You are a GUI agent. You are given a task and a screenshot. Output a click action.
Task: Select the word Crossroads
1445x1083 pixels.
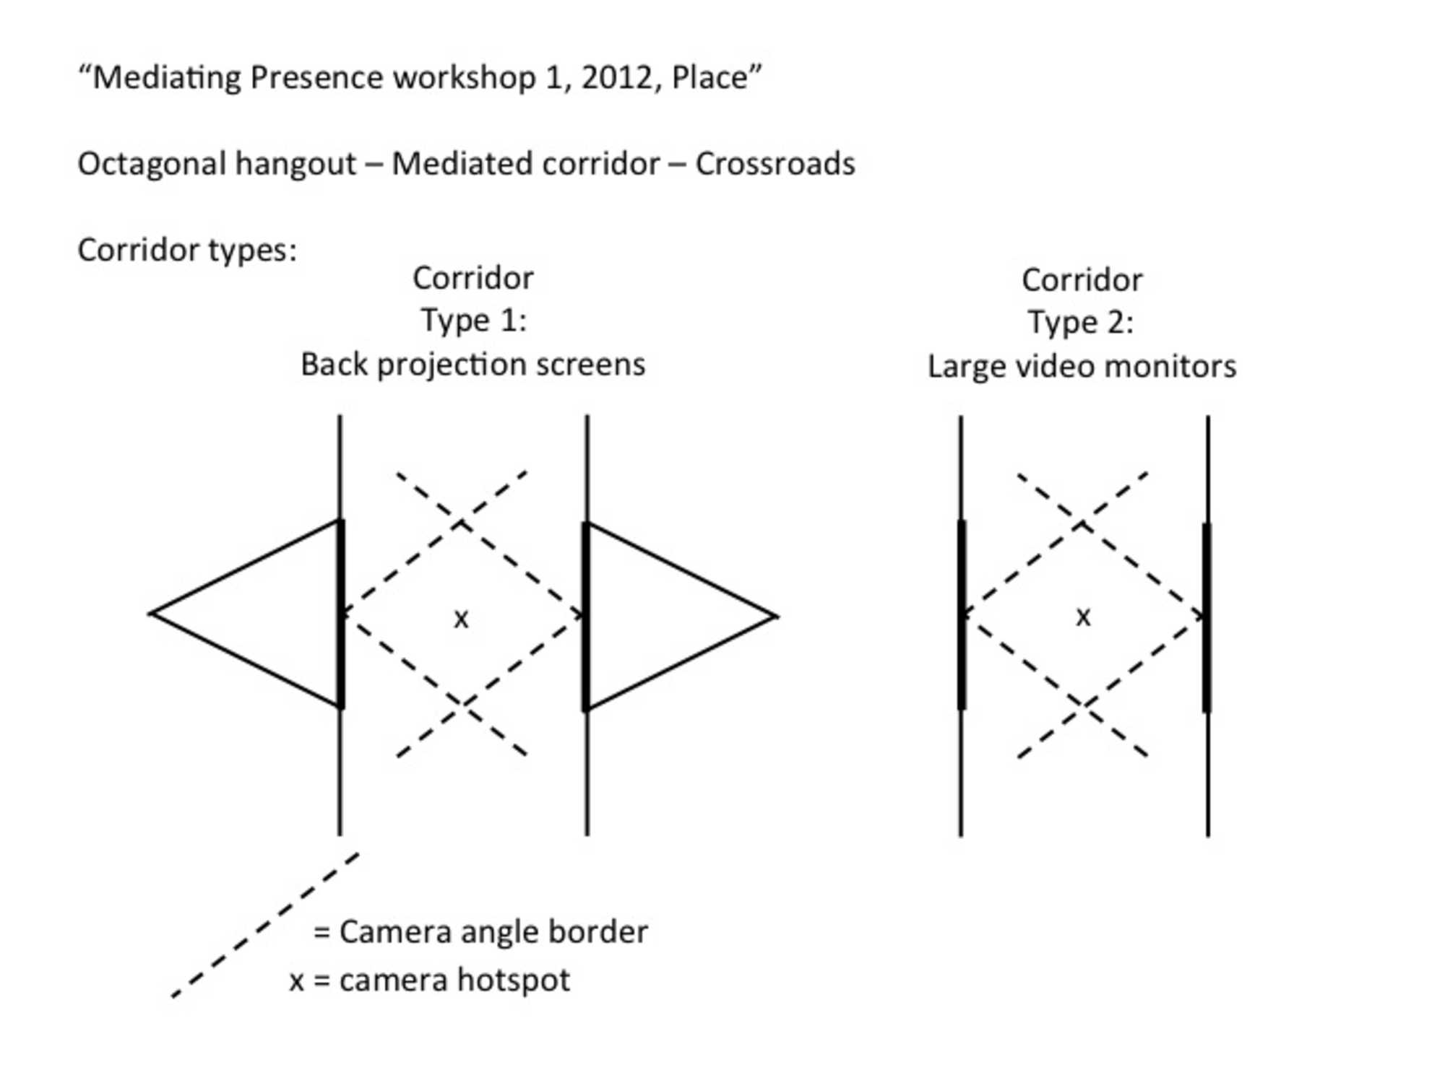pyautogui.click(x=775, y=164)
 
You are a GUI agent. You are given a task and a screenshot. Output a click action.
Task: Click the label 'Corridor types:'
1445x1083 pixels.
pyautogui.click(x=187, y=250)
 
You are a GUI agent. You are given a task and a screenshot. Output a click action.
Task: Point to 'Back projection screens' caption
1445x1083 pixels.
pyautogui.click(x=473, y=365)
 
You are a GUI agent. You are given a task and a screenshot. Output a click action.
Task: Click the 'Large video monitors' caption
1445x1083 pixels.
pyautogui.click(x=1082, y=367)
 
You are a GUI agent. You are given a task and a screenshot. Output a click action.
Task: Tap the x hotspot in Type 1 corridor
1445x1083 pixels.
pyautogui.click(x=461, y=619)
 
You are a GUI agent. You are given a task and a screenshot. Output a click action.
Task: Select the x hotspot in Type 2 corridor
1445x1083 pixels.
pyautogui.click(x=1082, y=617)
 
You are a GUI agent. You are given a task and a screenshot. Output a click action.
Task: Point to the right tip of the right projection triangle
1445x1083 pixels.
pyautogui.click(x=776, y=617)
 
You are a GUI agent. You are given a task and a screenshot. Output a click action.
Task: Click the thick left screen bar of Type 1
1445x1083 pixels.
pyautogui.click(x=341, y=614)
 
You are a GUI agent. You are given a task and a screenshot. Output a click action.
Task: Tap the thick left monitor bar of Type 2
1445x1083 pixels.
pyautogui.click(x=962, y=614)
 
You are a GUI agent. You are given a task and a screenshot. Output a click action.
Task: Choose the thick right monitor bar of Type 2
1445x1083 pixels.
pyautogui.click(x=1207, y=617)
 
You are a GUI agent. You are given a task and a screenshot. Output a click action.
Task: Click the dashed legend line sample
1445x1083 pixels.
pyautogui.click(x=265, y=926)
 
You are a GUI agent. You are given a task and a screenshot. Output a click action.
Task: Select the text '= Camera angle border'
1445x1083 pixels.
pyautogui.click(x=480, y=932)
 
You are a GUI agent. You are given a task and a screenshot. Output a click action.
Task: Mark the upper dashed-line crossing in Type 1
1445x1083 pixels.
pyautogui.click(x=461, y=523)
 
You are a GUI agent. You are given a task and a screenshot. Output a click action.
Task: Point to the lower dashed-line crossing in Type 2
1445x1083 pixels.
pyautogui.click(x=1082, y=705)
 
